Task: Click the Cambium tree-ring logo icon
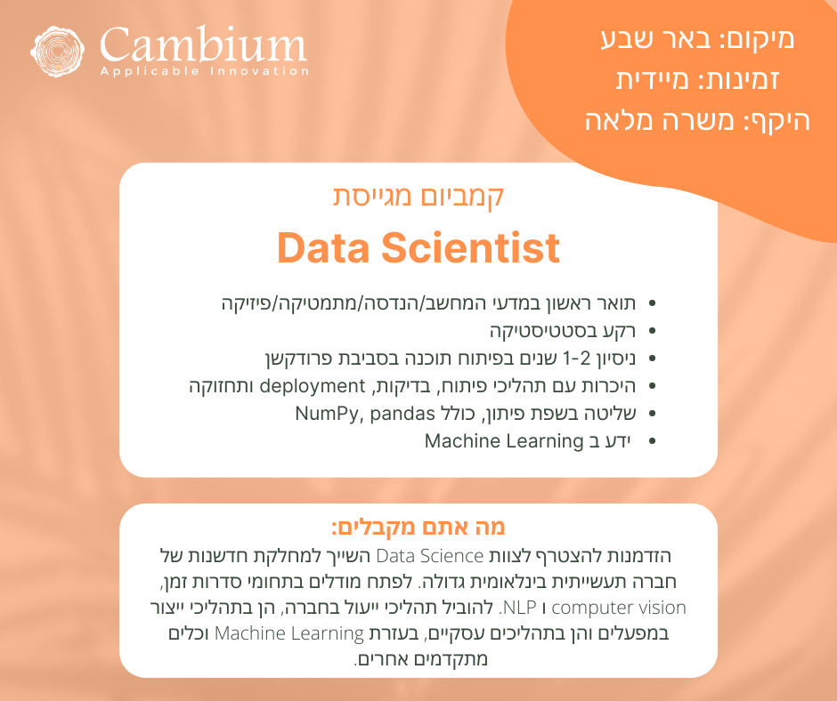pos(57,52)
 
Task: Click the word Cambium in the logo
pos(203,44)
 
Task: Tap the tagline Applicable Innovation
pos(205,71)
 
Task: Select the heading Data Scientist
pos(418,247)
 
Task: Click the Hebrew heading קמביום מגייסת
pos(418,196)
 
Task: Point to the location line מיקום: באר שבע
pos(698,38)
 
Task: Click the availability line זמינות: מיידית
pos(698,79)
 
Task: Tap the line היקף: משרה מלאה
pos(698,121)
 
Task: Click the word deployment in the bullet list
pos(313,386)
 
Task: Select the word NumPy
pos(327,414)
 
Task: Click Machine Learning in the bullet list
pos(504,441)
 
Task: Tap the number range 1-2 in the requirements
pos(577,359)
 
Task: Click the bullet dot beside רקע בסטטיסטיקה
pos(652,331)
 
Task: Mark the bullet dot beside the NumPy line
pos(652,414)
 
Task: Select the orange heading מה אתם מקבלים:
pos(418,527)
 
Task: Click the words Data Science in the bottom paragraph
pos(430,556)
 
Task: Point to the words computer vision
pos(619,608)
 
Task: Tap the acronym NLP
pos(519,608)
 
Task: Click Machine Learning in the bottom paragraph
pos(288,633)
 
